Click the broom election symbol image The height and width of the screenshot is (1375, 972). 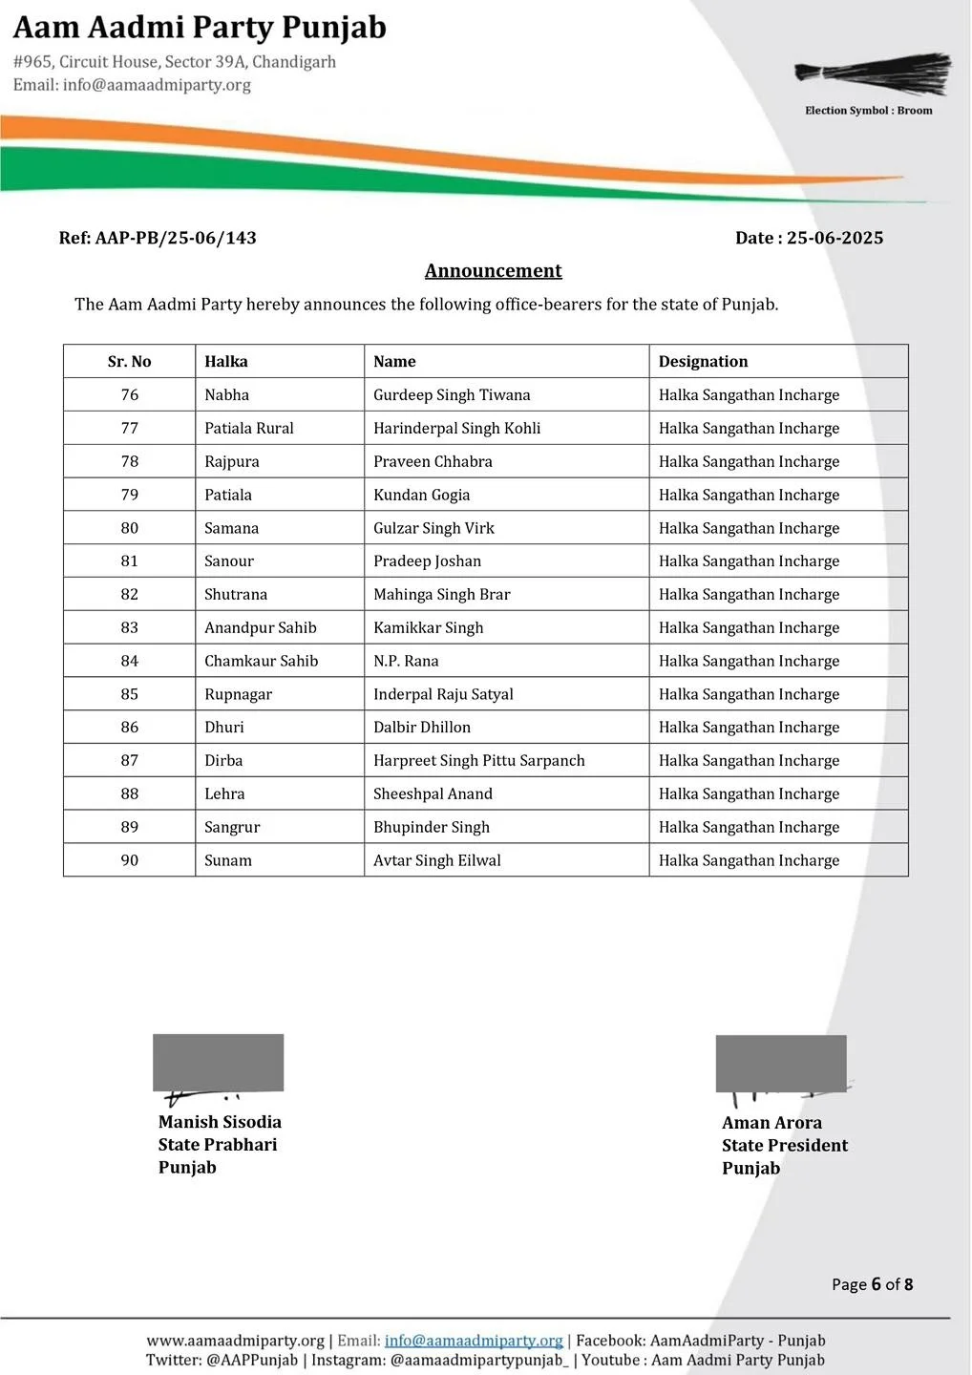873,74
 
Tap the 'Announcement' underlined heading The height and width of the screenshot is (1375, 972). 493,271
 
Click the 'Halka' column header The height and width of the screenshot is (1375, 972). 226,361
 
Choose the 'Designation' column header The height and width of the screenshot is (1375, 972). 703,361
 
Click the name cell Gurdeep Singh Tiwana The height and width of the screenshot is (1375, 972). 452,394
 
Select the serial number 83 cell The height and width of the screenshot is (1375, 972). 130,627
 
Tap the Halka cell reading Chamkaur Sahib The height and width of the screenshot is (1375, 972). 261,661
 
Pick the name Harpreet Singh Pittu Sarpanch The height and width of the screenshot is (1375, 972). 478,760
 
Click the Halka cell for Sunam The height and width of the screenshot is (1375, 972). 228,860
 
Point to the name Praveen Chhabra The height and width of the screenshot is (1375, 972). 433,461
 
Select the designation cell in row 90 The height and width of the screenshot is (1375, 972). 749,860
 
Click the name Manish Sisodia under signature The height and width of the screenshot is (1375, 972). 220,1122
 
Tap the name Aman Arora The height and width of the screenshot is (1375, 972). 771,1123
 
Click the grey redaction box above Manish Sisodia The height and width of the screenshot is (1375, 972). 219,1062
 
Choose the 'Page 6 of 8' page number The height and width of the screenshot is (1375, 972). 872,1284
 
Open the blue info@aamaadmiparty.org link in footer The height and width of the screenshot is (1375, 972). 474,1341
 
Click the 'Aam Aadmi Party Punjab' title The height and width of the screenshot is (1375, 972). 200,28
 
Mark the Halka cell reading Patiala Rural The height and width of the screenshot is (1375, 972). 249,428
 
